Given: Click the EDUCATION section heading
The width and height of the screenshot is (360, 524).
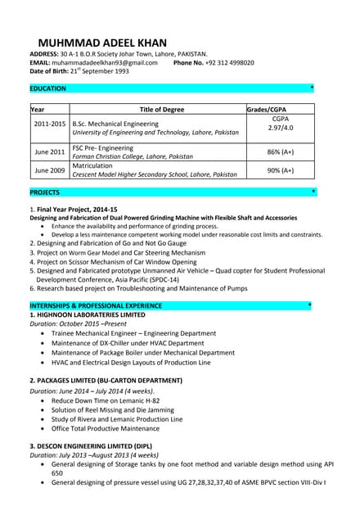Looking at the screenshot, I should (x=47, y=88).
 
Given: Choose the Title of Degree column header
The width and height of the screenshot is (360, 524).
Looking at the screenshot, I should (x=162, y=109).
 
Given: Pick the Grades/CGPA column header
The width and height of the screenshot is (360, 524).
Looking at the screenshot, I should (x=267, y=109).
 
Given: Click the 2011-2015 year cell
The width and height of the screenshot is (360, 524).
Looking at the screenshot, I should (x=50, y=124).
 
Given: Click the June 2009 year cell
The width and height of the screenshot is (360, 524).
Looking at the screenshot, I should (x=50, y=170).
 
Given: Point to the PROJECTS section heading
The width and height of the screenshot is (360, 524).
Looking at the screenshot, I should (x=44, y=192).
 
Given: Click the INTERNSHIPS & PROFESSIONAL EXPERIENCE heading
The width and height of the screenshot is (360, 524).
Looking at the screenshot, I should (x=96, y=305).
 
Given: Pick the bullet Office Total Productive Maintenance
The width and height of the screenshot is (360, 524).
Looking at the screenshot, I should (x=106, y=428).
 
